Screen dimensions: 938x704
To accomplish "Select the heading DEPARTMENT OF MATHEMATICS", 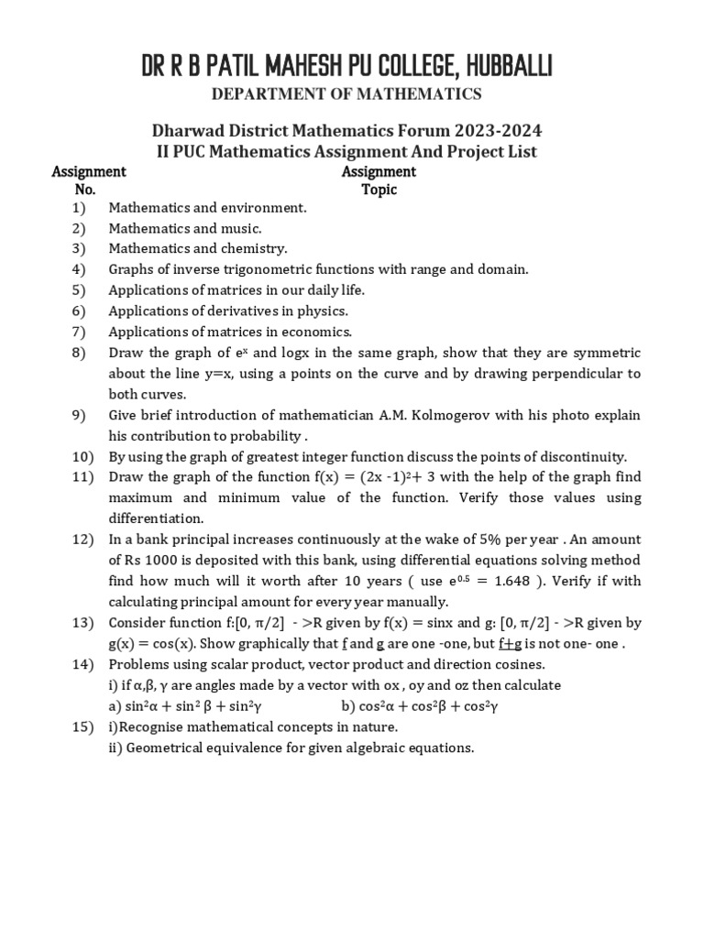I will coord(347,93).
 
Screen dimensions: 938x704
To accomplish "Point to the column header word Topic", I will coord(379,190).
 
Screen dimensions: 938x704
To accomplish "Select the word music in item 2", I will coord(242,228).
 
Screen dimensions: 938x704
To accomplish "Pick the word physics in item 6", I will coord(322,311).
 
